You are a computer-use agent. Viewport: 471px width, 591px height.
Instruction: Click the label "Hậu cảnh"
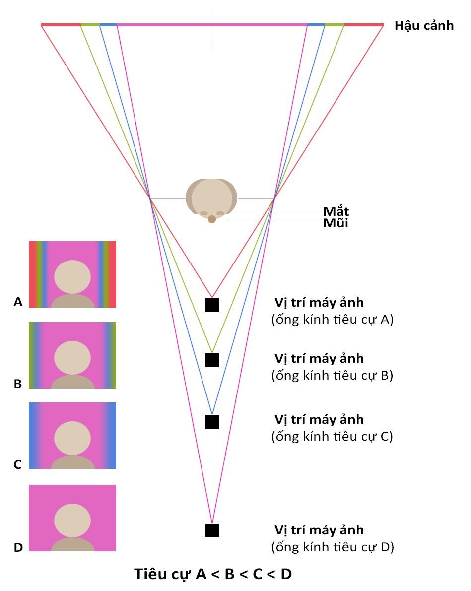pyautogui.click(x=424, y=26)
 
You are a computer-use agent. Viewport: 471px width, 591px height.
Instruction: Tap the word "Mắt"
pyautogui.click(x=336, y=211)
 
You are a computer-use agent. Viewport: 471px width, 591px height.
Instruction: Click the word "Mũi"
pyautogui.click(x=336, y=223)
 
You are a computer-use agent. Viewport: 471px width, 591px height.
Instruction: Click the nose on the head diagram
pyautogui.click(x=212, y=219)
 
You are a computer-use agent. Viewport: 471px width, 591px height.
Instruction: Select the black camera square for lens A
pyautogui.click(x=212, y=305)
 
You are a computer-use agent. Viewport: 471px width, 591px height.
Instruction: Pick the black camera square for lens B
pyautogui.click(x=212, y=360)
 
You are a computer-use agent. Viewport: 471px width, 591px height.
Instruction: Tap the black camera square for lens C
pyautogui.click(x=212, y=422)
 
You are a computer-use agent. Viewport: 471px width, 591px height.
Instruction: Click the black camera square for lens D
pyautogui.click(x=212, y=530)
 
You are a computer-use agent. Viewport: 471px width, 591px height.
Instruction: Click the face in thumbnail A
pyautogui.click(x=72, y=277)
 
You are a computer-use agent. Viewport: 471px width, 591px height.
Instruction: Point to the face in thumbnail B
pyautogui.click(x=72, y=358)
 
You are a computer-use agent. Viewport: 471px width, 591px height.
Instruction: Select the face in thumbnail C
pyautogui.click(x=72, y=438)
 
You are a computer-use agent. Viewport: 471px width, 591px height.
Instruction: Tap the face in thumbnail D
pyautogui.click(x=72, y=521)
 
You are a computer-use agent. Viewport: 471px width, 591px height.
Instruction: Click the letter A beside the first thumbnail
pyautogui.click(x=18, y=302)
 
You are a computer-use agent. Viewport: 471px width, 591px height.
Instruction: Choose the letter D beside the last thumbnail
pyautogui.click(x=18, y=547)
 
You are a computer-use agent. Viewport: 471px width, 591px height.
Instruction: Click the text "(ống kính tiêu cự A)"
pyautogui.click(x=332, y=319)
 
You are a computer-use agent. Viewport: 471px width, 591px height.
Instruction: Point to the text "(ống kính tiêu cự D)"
pyautogui.click(x=333, y=547)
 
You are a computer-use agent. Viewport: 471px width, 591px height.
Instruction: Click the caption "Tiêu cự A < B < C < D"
pyautogui.click(x=213, y=574)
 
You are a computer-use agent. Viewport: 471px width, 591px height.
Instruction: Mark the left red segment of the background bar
pyautogui.click(x=61, y=25)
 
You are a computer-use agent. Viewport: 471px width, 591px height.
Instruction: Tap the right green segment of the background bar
pyautogui.click(x=334, y=25)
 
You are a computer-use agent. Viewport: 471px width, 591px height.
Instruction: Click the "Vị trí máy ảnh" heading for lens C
pyautogui.click(x=319, y=419)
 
